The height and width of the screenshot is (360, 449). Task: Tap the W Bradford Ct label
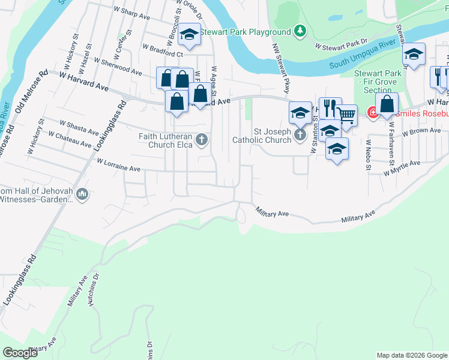coord(162,49)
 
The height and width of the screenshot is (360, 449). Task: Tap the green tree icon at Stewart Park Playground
coord(301,31)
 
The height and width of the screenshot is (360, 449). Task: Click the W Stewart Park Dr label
coord(341,45)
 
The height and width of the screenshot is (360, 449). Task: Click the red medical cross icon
coord(373,112)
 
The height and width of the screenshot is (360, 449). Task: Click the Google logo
coord(20,353)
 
